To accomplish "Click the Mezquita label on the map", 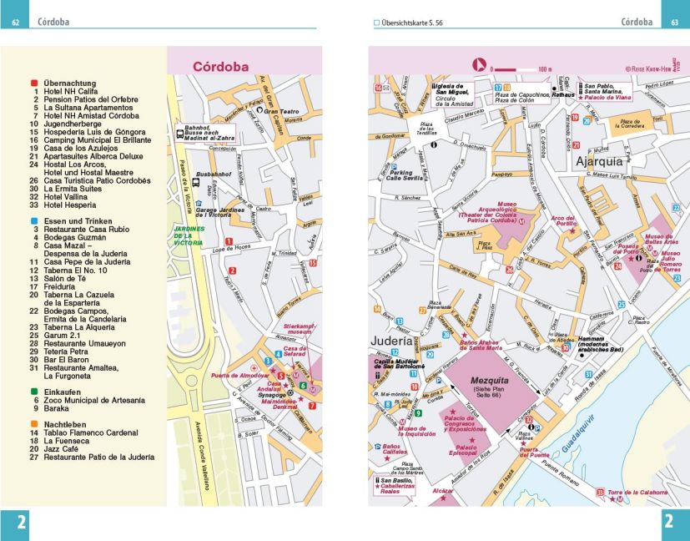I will [x=492, y=381].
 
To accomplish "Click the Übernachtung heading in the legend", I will [x=70, y=83].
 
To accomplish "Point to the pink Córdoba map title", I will [x=222, y=66].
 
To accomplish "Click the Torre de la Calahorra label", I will [x=637, y=493].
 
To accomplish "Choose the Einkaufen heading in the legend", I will [x=63, y=391].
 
